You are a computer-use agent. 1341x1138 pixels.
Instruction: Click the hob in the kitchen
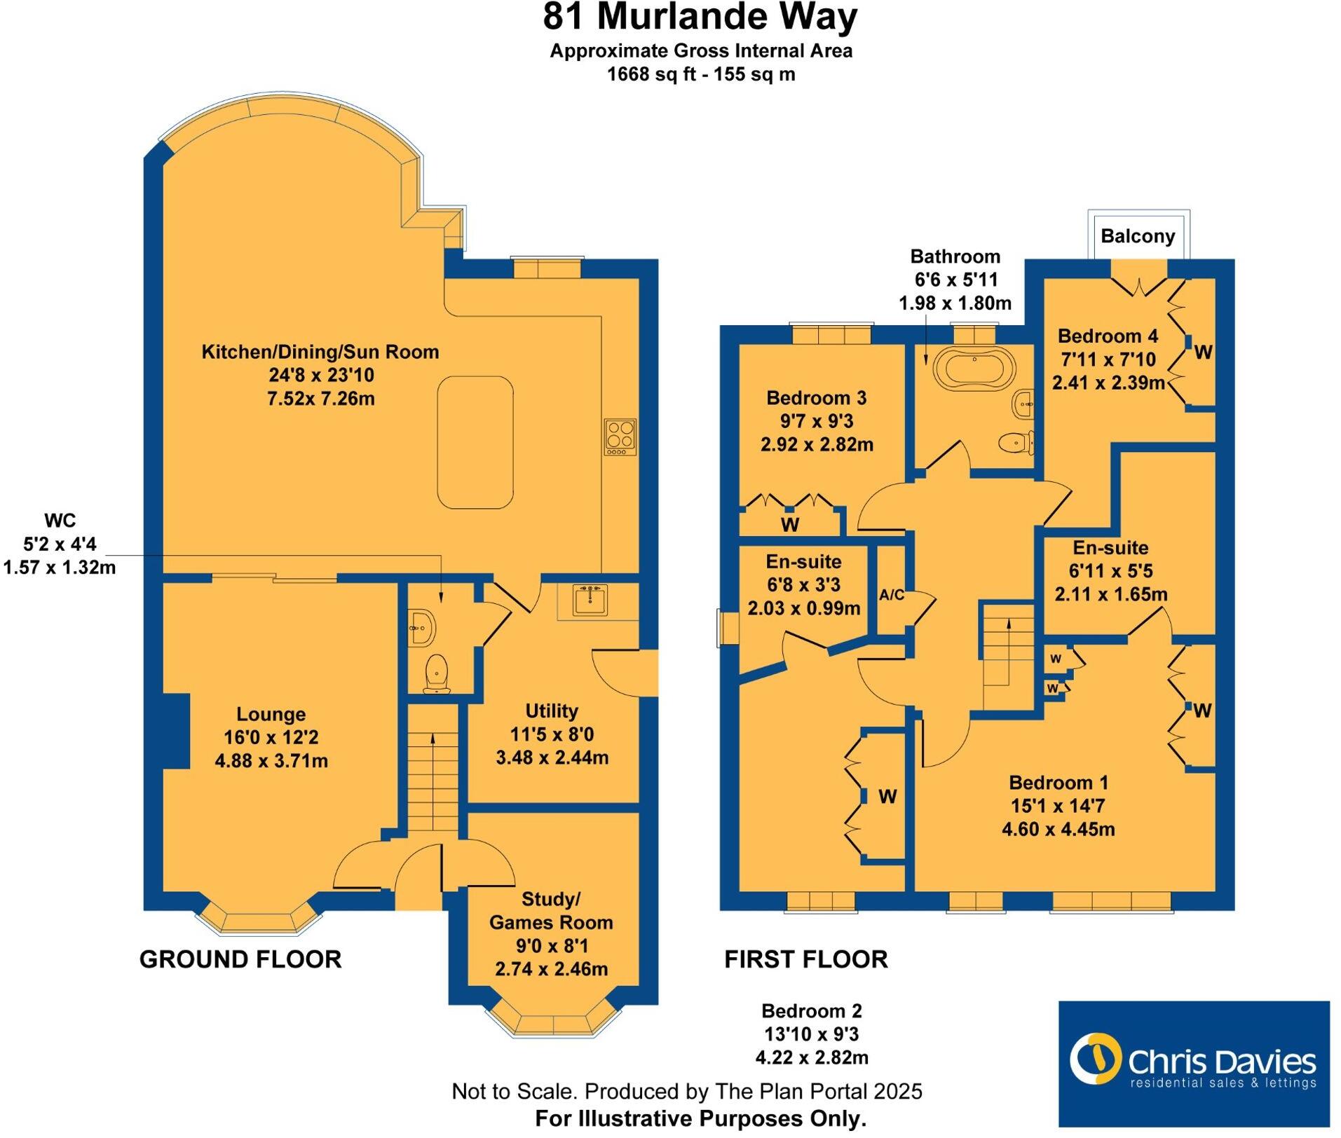point(620,437)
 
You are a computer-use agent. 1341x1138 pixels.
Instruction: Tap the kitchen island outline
point(475,442)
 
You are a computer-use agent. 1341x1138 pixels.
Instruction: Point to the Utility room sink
point(590,601)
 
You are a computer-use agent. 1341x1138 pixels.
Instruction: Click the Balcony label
point(1137,236)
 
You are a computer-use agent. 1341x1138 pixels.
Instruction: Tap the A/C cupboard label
point(892,596)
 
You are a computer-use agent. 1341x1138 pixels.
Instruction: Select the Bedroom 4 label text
point(1108,336)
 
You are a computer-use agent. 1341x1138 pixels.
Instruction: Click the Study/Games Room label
point(551,910)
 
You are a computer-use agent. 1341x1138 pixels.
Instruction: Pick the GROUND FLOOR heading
point(240,959)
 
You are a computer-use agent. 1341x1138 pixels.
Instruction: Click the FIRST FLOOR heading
point(805,959)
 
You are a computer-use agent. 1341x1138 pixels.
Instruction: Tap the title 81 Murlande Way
point(700,18)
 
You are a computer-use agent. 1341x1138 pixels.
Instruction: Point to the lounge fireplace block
point(176,731)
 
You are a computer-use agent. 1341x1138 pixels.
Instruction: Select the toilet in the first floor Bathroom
point(1016,442)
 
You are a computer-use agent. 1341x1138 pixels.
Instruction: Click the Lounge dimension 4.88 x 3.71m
point(271,761)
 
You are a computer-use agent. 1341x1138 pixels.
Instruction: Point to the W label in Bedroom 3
point(790,524)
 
